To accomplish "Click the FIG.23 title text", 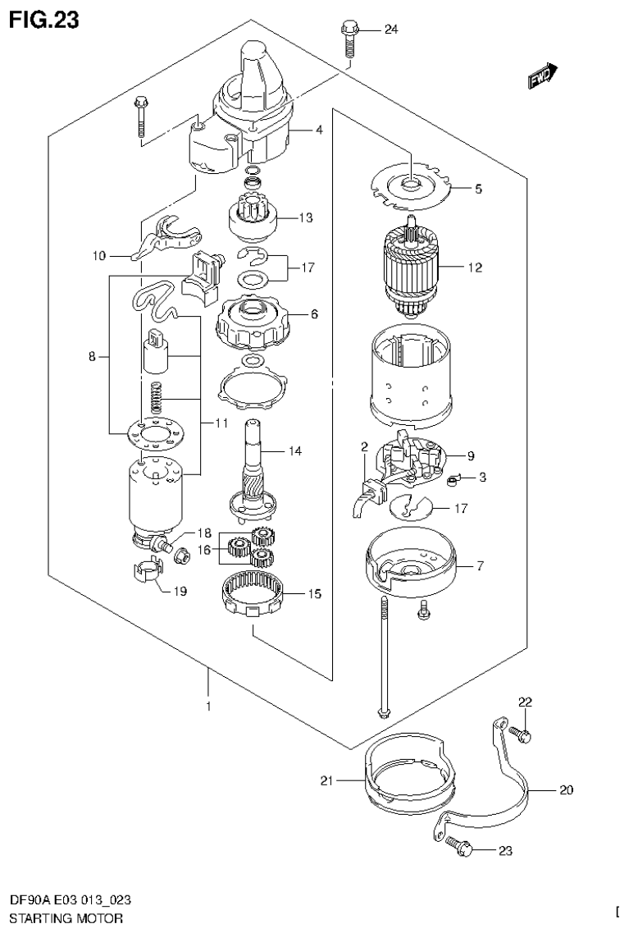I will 43,20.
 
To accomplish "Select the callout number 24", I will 390,30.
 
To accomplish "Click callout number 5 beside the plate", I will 477,189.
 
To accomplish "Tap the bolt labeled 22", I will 521,734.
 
